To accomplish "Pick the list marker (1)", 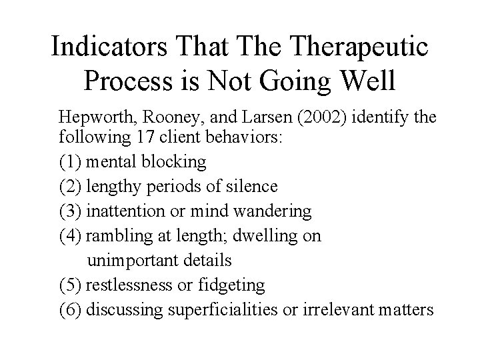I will click(70, 161).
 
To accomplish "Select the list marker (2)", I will click(70, 186).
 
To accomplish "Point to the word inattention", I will click(126, 211).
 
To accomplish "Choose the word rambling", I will click(113, 236).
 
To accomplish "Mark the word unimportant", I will click(138, 260).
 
